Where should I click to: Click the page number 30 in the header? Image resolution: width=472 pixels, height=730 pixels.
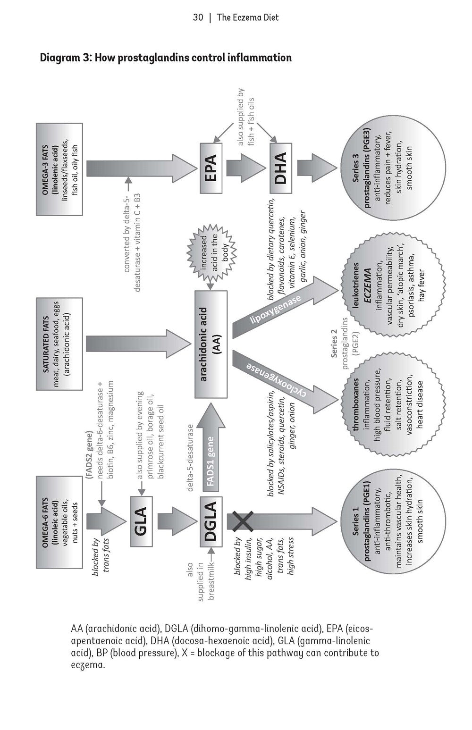(198, 18)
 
